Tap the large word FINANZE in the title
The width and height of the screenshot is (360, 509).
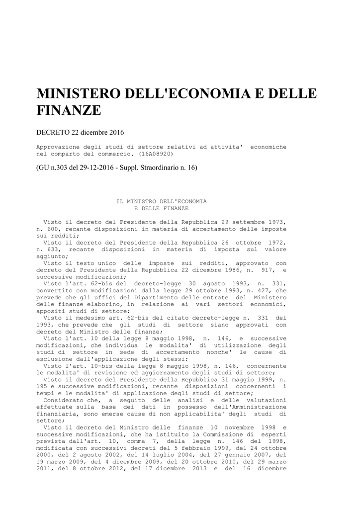pos(69,111)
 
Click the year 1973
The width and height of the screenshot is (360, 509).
pos(276,221)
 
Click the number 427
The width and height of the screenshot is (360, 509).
pos(264,290)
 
